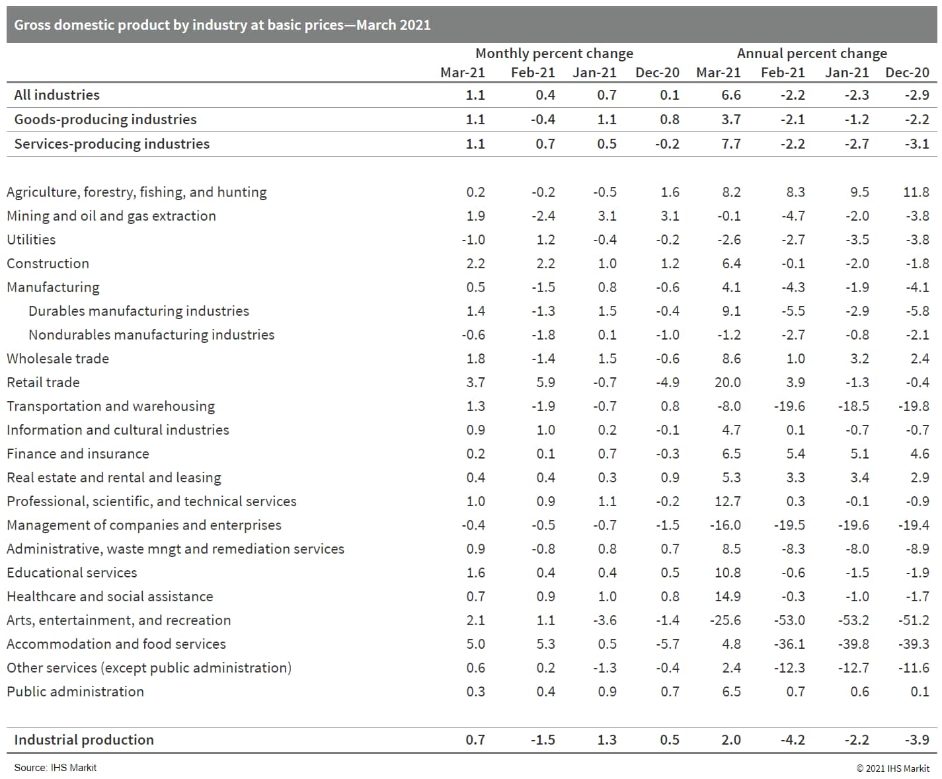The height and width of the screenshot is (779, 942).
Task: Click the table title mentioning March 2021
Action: [x=222, y=25]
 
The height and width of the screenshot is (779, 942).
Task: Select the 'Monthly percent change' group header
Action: [x=554, y=54]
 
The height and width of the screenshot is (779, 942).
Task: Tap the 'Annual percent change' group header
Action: [x=812, y=54]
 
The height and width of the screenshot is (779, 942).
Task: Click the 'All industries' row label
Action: [x=57, y=95]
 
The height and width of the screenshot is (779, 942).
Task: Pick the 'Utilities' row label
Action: [x=31, y=240]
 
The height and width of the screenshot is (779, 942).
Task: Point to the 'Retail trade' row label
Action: [x=43, y=383]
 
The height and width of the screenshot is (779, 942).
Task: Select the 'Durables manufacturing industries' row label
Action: [x=139, y=311]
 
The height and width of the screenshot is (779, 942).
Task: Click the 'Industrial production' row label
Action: [x=84, y=740]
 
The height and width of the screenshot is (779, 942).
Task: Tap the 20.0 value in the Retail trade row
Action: [x=727, y=383]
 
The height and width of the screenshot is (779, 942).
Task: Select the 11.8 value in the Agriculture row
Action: [x=916, y=192]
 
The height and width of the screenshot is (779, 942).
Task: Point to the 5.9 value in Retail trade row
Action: [x=545, y=383]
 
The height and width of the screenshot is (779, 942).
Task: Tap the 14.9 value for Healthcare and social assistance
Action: [x=727, y=597]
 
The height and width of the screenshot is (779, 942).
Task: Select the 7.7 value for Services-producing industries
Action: [x=730, y=144]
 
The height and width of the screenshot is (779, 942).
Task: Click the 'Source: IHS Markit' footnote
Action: [x=56, y=768]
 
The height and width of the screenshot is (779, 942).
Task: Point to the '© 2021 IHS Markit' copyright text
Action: [x=892, y=768]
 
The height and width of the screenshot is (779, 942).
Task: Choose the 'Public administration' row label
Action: [x=75, y=692]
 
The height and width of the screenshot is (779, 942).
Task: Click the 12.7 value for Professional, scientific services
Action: [x=727, y=501]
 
